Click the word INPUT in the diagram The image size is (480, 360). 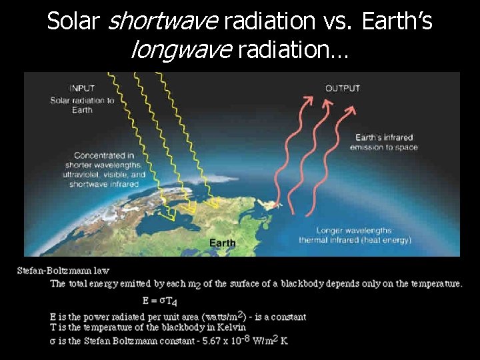click(83, 87)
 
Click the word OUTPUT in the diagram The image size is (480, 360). click(343, 88)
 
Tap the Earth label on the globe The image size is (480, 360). click(222, 243)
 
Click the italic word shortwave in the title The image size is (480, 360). click(163, 22)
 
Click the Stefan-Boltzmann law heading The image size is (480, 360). click(64, 271)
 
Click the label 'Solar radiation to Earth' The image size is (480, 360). click(82, 105)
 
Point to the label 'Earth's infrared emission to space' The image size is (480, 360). click(383, 142)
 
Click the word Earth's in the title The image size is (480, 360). click(396, 22)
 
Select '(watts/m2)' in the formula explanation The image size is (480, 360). click(215, 317)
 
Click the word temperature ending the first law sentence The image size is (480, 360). click(433, 283)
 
